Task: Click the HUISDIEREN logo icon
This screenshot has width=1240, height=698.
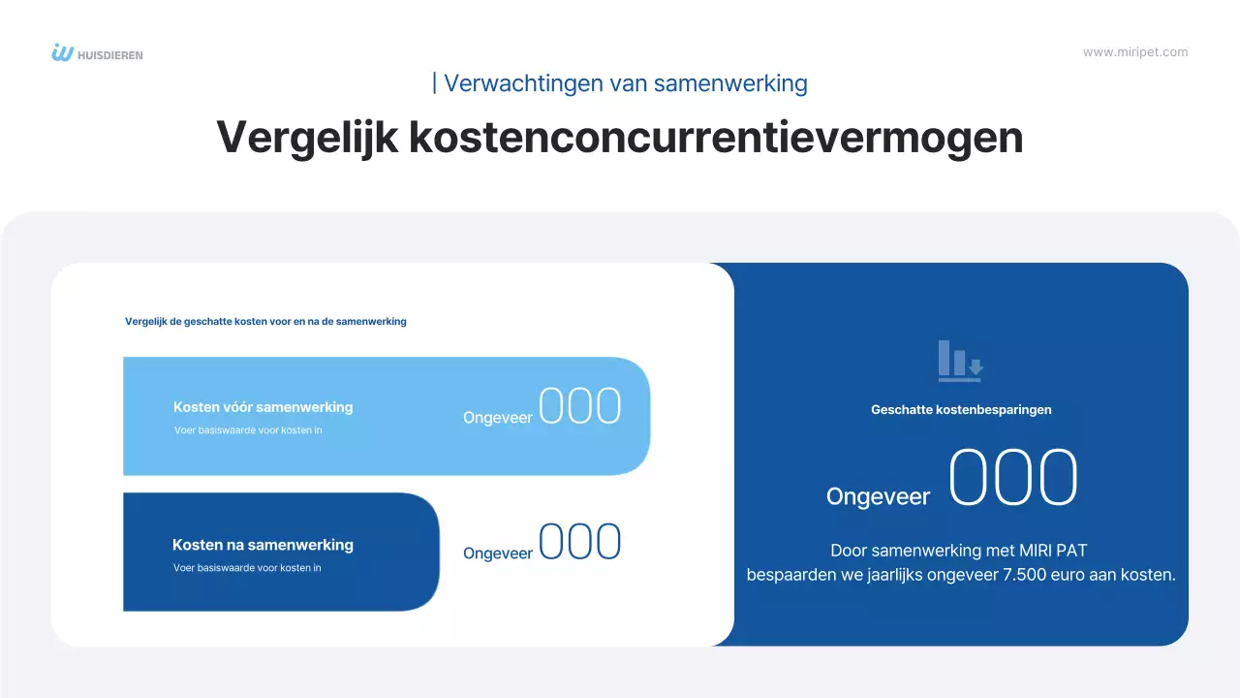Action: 63,53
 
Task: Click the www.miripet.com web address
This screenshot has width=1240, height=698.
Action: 1135,52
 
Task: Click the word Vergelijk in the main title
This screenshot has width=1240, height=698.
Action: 306,138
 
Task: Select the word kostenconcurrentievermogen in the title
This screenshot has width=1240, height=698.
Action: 716,138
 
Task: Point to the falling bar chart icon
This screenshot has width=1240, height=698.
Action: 960,361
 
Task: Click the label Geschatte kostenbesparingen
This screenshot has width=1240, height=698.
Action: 961,409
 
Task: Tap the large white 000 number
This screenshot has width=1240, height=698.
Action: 1012,479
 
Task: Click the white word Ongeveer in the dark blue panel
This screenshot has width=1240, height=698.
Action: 878,496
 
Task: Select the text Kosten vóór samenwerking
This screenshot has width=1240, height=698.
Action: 263,407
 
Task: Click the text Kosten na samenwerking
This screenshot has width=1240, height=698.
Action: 263,545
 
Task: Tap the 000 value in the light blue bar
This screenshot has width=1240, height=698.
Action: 579,407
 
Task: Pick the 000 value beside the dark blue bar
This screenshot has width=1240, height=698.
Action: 579,543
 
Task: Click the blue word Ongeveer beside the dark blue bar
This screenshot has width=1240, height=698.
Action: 498,554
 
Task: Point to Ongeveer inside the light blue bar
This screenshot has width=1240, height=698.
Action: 498,418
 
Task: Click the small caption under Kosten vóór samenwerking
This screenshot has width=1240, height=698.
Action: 248,429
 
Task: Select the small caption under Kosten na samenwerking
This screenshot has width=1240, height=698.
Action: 247,568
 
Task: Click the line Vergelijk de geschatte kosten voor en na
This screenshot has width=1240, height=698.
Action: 265,322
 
